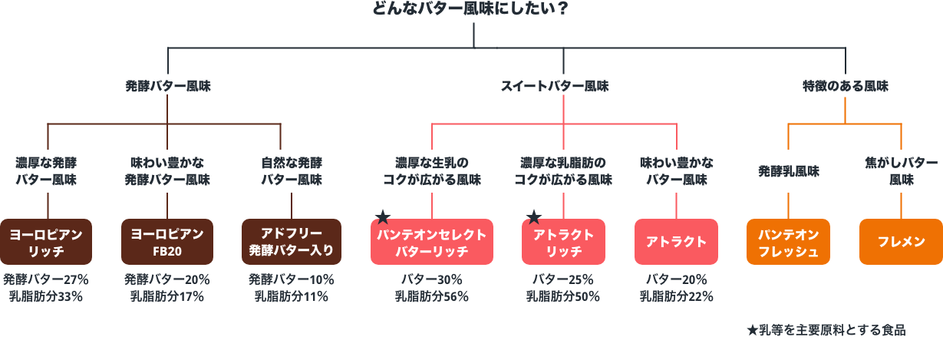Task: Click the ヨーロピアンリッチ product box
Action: pos(47,242)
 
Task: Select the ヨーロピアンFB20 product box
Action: pos(167,242)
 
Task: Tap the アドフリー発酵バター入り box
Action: pos(291,242)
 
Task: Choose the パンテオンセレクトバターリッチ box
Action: pos(432,243)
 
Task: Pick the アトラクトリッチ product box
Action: pos(563,243)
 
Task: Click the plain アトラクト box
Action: pos(676,243)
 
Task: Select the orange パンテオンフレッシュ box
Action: pos(788,243)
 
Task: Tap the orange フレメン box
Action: pos(901,243)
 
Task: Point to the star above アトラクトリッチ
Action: pos(534,218)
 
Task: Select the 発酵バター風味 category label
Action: pos(168,87)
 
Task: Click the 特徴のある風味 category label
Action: pos(845,87)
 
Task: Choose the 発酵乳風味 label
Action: pos(789,171)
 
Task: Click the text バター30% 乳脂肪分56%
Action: pos(432,287)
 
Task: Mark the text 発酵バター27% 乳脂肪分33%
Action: pos(47,287)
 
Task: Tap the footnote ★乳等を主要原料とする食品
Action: pos(826,330)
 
